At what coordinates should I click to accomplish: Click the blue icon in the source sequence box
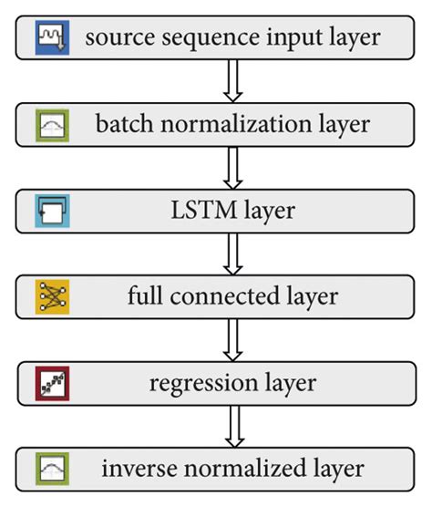point(51,37)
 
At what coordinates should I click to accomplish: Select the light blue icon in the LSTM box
point(51,211)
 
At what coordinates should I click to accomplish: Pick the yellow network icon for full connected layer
point(51,296)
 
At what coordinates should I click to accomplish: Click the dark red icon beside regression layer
point(51,383)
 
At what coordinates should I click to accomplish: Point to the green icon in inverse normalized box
point(51,470)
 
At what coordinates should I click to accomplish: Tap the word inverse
point(133,470)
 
